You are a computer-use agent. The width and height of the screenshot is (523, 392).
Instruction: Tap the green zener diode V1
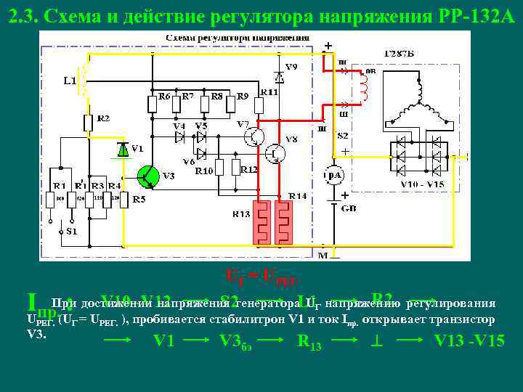123,150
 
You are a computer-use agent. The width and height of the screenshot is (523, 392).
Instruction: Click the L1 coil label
70,80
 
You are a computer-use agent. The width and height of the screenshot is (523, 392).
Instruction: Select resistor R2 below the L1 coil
87,124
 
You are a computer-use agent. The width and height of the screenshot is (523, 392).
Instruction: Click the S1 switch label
70,232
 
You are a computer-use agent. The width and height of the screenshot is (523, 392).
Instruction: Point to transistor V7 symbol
254,136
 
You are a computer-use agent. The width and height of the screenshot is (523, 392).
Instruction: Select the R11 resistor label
269,92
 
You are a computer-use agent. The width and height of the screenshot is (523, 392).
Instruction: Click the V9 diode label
291,68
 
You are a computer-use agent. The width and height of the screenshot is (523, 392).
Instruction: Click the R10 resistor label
203,172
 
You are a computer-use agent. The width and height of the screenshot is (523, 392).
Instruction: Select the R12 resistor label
248,169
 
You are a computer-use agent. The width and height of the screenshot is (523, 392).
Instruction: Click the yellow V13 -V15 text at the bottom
469,340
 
